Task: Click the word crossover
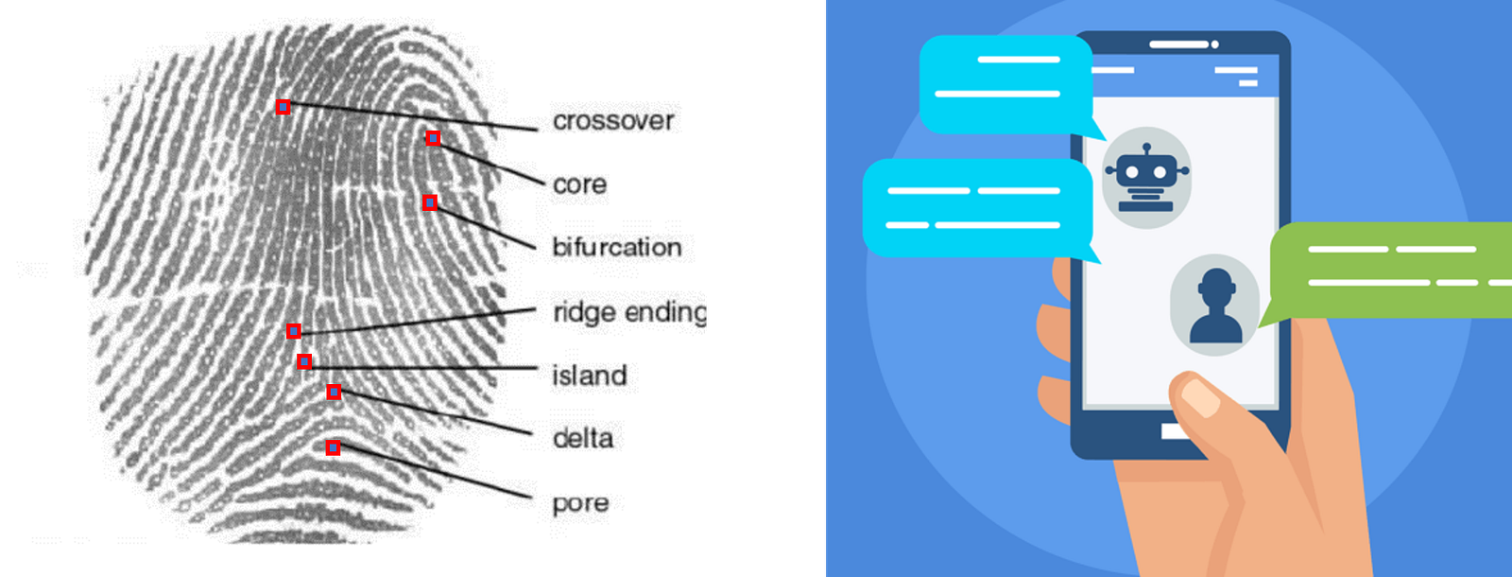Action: [x=613, y=121]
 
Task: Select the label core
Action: [x=579, y=184]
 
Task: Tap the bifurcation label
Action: [x=616, y=247]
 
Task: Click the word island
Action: [x=589, y=376]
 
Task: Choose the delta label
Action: [x=582, y=438]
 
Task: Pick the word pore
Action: [x=580, y=503]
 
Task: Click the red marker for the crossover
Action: [x=283, y=107]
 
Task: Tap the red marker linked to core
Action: [x=433, y=138]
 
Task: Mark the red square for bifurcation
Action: [x=430, y=202]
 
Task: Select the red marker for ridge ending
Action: [x=294, y=330]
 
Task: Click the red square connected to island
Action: [x=303, y=361]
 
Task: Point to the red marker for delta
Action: [x=334, y=392]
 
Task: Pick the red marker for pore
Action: [x=333, y=447]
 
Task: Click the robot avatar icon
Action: [x=1146, y=178]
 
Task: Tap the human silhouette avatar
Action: [x=1215, y=305]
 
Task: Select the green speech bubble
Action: [x=1389, y=270]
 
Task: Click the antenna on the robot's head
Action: [x=1146, y=149]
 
